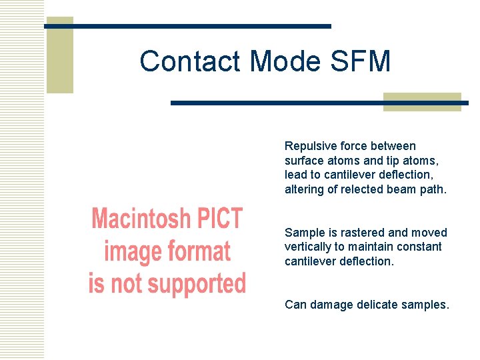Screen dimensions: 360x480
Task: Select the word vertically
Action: point(307,247)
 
